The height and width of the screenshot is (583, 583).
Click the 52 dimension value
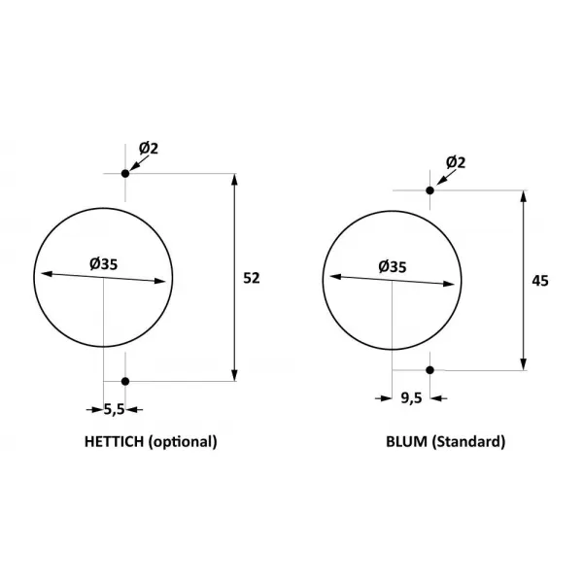click(252, 278)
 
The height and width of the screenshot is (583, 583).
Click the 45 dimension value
click(540, 281)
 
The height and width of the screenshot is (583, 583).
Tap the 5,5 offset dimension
click(114, 410)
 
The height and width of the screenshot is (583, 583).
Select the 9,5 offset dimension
click(411, 398)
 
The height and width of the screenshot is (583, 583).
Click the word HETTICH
click(114, 442)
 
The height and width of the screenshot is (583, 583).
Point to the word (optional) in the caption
click(183, 442)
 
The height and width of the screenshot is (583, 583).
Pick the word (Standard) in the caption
click(468, 442)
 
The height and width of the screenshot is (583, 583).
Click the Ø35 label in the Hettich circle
click(103, 264)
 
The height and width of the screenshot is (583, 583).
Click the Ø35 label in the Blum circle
click(393, 267)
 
